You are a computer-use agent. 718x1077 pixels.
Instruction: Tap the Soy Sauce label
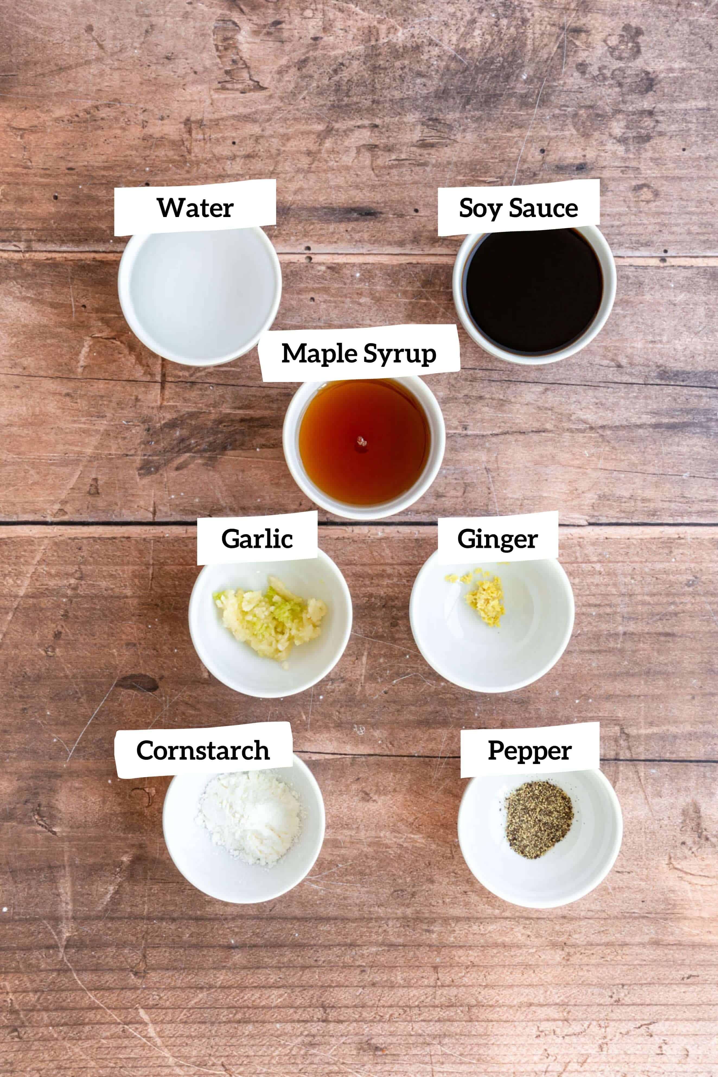(x=518, y=208)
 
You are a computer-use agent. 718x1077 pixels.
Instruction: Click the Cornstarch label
(x=203, y=751)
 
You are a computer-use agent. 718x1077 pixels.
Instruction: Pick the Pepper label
(x=529, y=751)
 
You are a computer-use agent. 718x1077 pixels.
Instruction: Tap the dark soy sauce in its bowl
(x=534, y=293)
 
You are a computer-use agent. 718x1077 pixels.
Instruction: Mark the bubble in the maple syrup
(x=362, y=442)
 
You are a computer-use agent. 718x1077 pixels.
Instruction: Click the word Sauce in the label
(x=544, y=208)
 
